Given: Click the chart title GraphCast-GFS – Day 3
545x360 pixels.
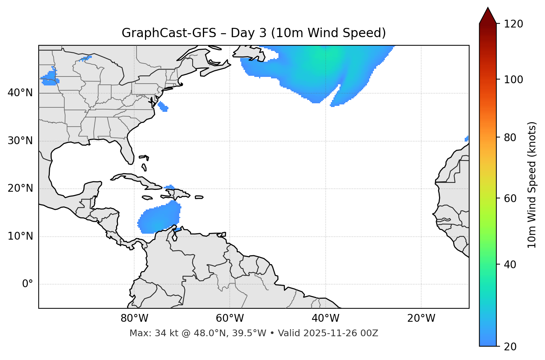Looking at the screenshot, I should point(254,33).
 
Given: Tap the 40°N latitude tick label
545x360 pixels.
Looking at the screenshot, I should point(20,93).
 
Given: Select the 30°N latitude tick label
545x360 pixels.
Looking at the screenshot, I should point(20,141).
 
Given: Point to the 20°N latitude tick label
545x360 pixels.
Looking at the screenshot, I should point(20,188).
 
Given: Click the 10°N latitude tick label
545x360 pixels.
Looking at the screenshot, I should point(20,236).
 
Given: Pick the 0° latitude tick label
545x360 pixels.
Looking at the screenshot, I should point(28,284).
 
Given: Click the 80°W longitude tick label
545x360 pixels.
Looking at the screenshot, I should point(134,318).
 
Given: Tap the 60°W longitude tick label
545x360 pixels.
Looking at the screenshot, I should point(230,318).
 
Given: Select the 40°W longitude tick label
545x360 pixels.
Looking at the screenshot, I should point(325,318).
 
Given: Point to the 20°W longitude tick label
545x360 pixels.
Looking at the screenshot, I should point(421,318).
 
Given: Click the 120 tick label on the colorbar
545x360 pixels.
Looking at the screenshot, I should point(513,24).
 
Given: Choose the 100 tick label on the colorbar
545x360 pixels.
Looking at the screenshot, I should point(513,80).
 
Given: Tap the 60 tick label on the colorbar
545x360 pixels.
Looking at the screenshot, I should point(511,198).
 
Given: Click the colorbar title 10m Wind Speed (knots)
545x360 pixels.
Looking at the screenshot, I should point(532,185).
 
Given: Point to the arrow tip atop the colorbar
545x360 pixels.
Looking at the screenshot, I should point(488,8).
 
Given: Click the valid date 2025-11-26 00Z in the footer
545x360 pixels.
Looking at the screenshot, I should point(341,333).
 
